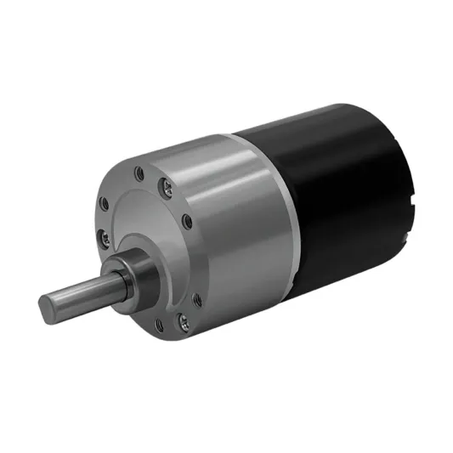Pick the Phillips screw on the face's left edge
(100, 234)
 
